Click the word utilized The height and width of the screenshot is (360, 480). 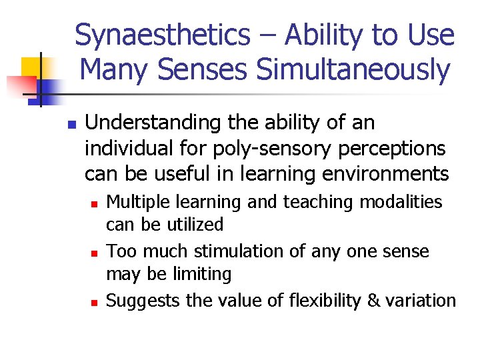[x=193, y=225]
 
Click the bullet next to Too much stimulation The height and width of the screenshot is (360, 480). [x=95, y=253]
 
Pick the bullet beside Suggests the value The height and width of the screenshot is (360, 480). [x=95, y=302]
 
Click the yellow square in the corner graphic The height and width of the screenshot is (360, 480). [x=32, y=67]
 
